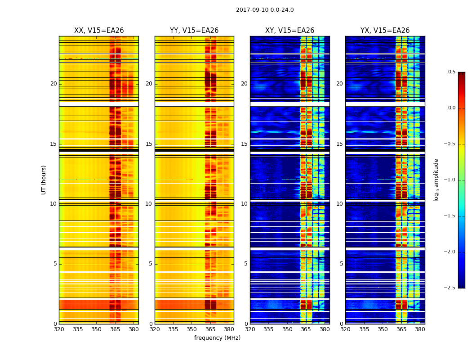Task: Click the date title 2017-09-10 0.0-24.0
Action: coord(265,10)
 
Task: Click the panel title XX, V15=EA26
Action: coord(99,31)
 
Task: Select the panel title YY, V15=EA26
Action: coord(194,31)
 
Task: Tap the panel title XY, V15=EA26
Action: coord(289,31)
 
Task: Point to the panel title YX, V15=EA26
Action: coord(385,31)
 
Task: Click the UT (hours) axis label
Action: coord(44,180)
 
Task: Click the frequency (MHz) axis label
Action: coord(217,338)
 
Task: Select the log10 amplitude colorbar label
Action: coord(436,180)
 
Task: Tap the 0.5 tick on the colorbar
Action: coord(451,72)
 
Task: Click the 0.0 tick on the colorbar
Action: coord(451,108)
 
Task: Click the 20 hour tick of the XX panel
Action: coord(53,84)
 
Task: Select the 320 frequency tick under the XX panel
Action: coord(59,329)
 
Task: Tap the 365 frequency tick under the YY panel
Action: coord(210,329)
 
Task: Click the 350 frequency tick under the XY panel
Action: coord(287,329)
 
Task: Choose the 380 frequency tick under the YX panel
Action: coord(420,329)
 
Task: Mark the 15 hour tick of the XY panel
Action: coord(244,144)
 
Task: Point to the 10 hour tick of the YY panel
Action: coord(149,204)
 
